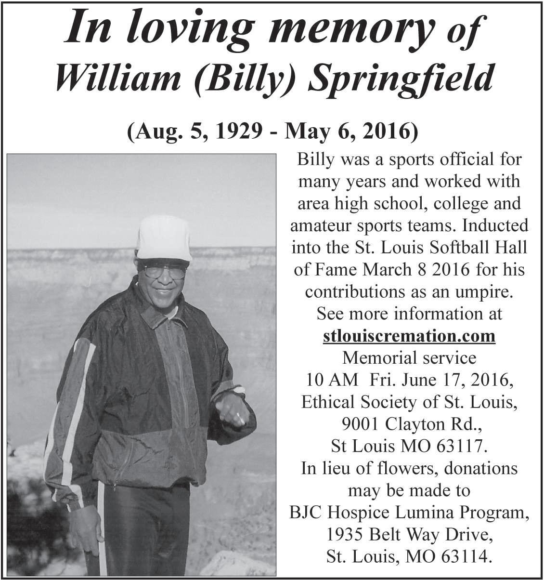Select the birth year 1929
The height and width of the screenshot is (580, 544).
point(234,132)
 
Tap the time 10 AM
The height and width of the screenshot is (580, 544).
point(332,380)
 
